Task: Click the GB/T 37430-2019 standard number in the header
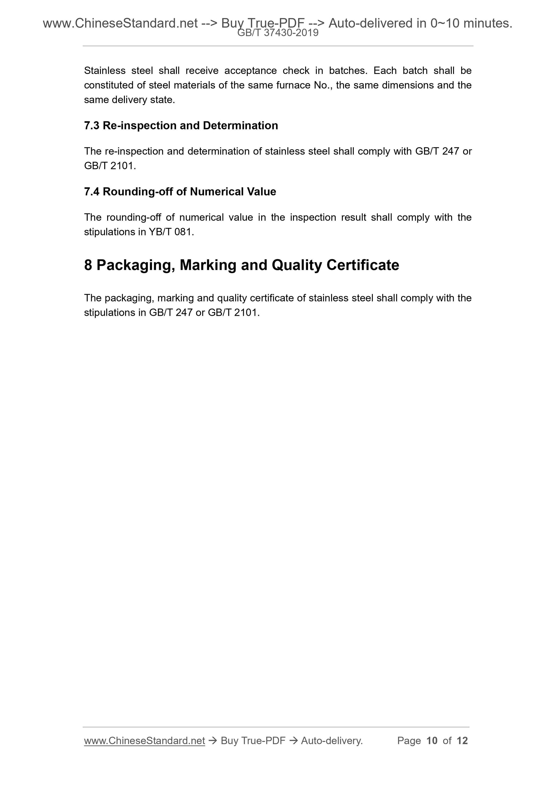pyautogui.click(x=278, y=33)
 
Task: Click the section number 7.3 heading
pyautogui.click(x=91, y=126)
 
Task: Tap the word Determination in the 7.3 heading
pyautogui.click(x=240, y=126)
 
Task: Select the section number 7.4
pyautogui.click(x=91, y=192)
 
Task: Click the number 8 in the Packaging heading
pyautogui.click(x=88, y=265)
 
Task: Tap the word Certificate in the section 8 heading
pyautogui.click(x=363, y=265)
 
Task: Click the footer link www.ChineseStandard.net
pyautogui.click(x=145, y=741)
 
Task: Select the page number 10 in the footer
pyautogui.click(x=432, y=741)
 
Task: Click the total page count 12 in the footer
pyautogui.click(x=462, y=741)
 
